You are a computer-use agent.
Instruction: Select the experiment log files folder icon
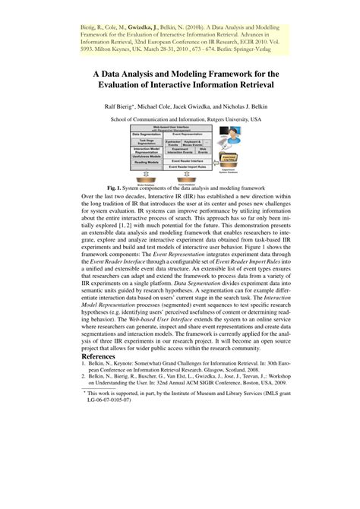[x=227, y=159]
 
